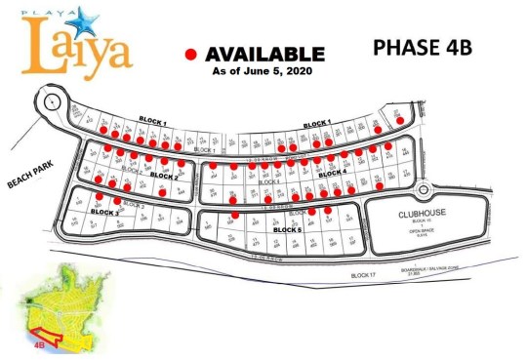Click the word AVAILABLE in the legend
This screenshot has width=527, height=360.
[x=263, y=54]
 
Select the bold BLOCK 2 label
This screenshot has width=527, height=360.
[x=162, y=177]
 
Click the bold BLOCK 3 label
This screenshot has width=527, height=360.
[x=104, y=211]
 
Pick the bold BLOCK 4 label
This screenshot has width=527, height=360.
[x=332, y=173]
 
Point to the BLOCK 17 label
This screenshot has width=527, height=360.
[x=363, y=276]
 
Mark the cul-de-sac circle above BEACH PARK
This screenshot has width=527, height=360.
[x=49, y=102]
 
